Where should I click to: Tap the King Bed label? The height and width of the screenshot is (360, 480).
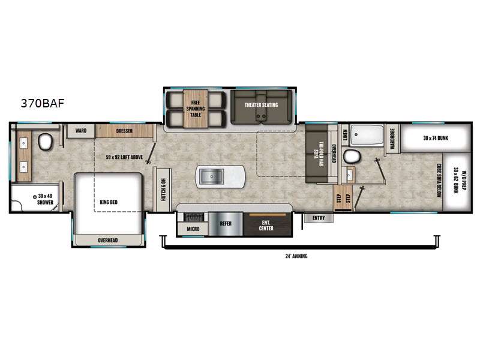point(109,202)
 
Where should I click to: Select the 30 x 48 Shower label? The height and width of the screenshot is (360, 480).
point(46,199)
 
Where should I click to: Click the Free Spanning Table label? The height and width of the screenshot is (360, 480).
point(195,109)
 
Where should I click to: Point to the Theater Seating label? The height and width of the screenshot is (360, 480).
point(261,105)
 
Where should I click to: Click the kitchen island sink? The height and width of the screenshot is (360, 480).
point(212,176)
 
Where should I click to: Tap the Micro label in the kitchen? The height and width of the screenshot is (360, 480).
point(193,229)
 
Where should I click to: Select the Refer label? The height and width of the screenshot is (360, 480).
point(226,223)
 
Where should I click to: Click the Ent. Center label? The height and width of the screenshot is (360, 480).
point(266,226)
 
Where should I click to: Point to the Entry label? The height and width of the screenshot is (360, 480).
point(318,218)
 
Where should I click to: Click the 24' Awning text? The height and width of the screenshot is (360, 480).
point(296,256)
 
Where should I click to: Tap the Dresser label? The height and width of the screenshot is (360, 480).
point(124,130)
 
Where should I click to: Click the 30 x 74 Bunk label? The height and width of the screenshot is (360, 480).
point(435,139)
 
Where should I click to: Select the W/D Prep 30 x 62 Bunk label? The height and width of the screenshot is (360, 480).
point(458,178)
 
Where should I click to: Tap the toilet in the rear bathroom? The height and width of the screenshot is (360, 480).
point(352,157)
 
